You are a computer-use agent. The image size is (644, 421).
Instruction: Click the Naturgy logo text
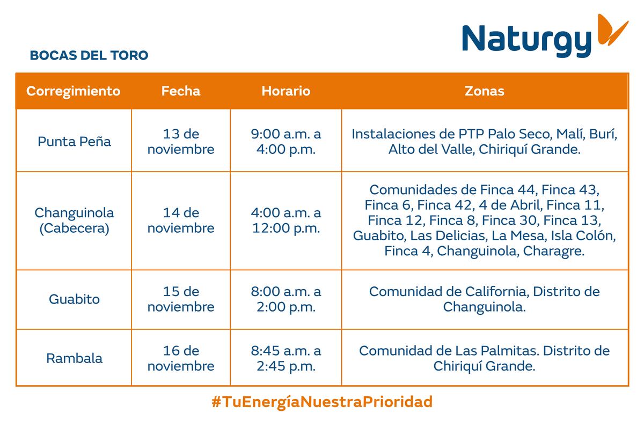pyautogui.click(x=526, y=41)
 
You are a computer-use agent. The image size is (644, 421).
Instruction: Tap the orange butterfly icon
pyautogui.click(x=612, y=30)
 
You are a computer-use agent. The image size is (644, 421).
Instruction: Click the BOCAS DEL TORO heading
pyautogui.click(x=89, y=55)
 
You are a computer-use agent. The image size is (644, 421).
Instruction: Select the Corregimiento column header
pyautogui.click(x=74, y=91)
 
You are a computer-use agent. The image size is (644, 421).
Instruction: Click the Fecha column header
pyautogui.click(x=181, y=91)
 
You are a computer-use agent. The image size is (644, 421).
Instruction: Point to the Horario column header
pyautogui.click(x=286, y=91)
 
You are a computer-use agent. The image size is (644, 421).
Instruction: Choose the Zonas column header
pyautogui.click(x=485, y=91)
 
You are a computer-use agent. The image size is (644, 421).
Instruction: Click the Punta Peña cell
pyautogui.click(x=74, y=142)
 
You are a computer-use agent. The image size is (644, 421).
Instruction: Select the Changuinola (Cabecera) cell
pyautogui.click(x=74, y=221)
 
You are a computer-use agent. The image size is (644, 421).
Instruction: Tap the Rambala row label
pyautogui.click(x=74, y=358)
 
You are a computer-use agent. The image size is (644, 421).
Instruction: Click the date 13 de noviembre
pyautogui.click(x=181, y=142)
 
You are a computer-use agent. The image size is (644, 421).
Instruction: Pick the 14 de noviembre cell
pyautogui.click(x=181, y=220)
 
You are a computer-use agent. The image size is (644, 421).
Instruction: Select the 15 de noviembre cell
pyautogui.click(x=181, y=299)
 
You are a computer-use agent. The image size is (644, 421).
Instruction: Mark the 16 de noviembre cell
pyautogui.click(x=181, y=358)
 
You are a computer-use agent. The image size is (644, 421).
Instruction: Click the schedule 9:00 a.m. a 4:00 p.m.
pyautogui.click(x=286, y=142)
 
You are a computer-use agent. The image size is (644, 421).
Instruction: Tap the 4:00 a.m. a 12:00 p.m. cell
pyautogui.click(x=286, y=220)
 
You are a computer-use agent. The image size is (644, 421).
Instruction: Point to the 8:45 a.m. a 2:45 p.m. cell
pyautogui.click(x=286, y=358)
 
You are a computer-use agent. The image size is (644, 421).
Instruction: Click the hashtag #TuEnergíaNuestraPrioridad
pyautogui.click(x=322, y=402)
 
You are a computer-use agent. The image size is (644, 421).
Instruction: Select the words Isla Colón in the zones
pyautogui.click(x=583, y=235)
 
